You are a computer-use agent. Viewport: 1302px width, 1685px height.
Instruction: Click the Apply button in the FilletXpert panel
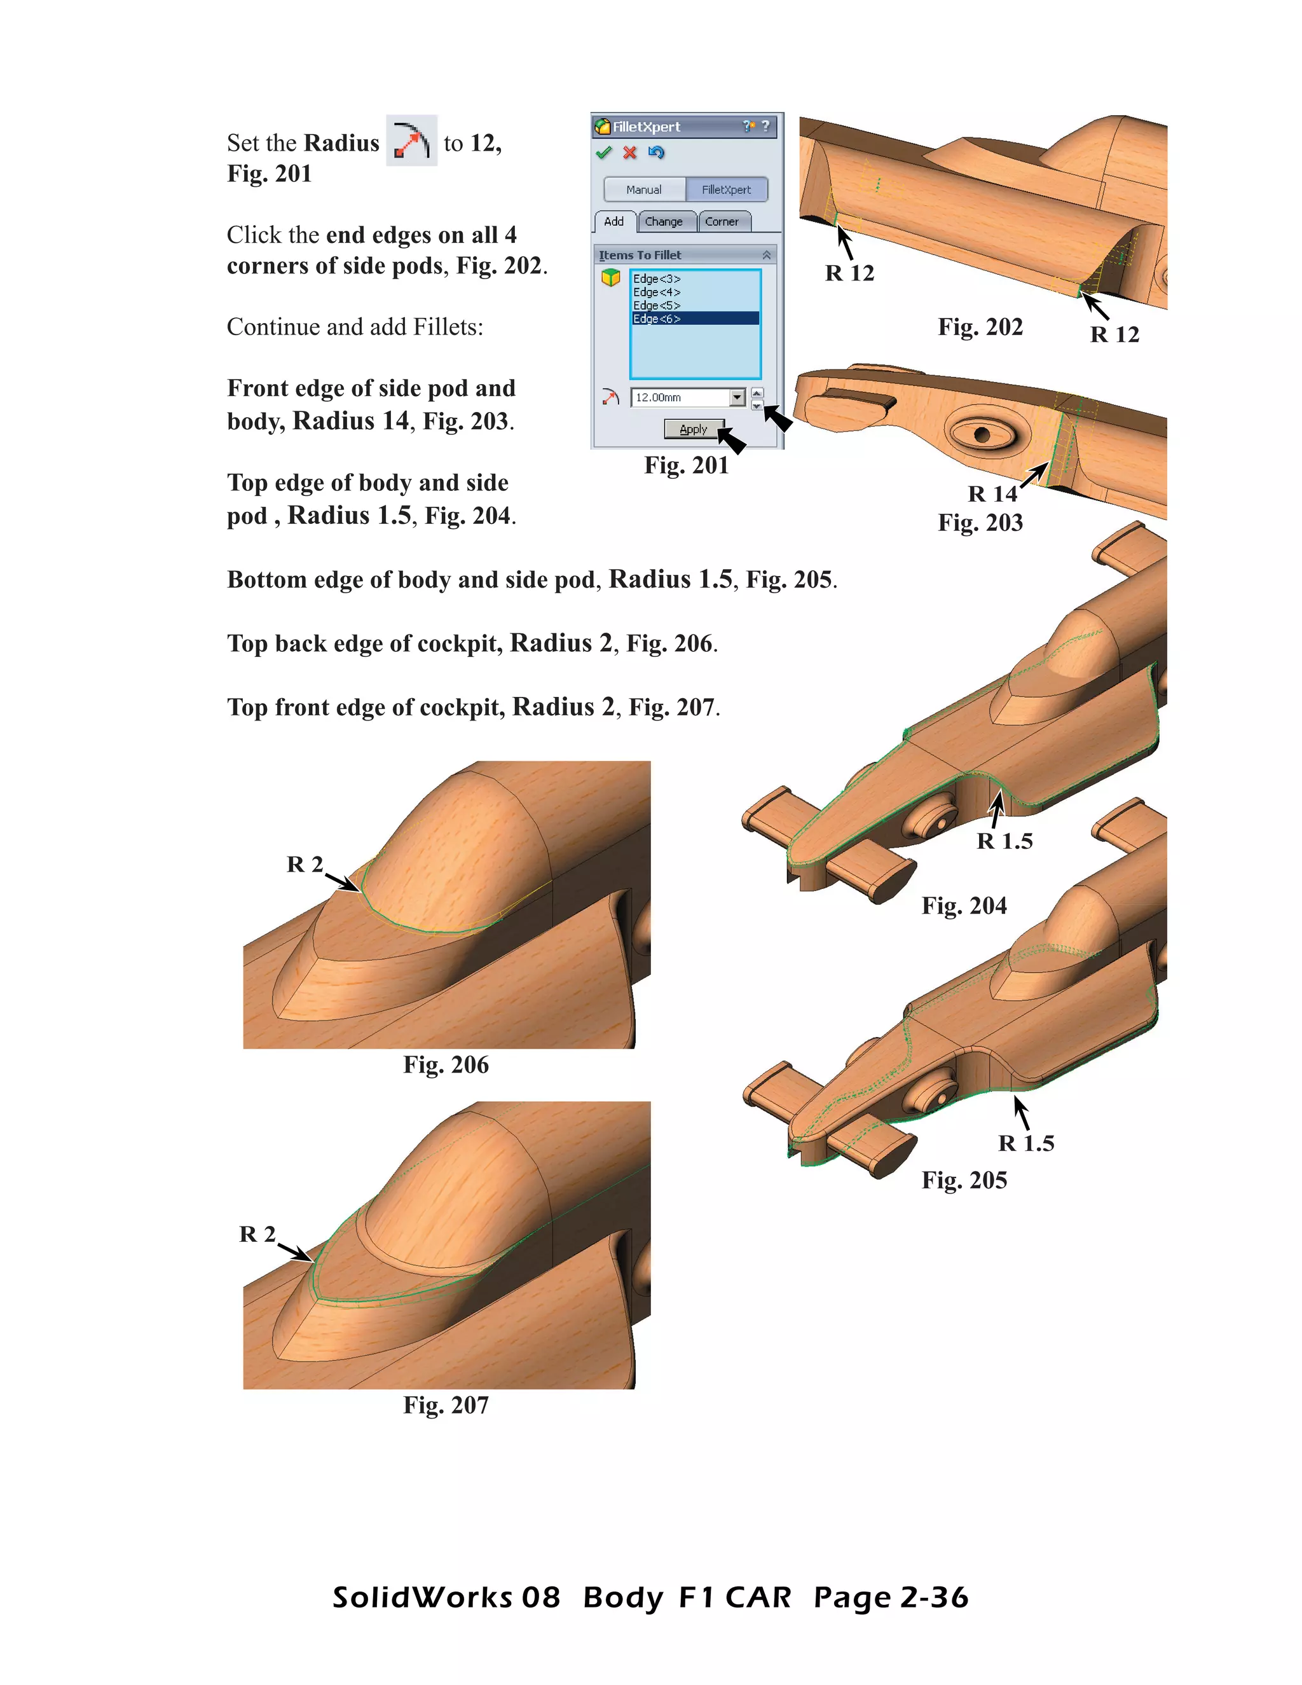[694, 429]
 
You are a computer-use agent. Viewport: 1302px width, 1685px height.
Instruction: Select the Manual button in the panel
[644, 189]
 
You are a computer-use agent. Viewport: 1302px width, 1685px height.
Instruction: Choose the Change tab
[663, 221]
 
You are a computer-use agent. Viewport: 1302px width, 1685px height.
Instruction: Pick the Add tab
[614, 221]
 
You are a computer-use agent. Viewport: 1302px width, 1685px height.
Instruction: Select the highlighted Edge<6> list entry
[657, 319]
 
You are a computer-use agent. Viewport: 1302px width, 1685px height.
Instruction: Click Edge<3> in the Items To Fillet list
[657, 279]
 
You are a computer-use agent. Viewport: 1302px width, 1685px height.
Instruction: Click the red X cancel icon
[630, 153]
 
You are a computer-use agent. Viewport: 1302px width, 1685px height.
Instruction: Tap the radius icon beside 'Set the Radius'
[411, 141]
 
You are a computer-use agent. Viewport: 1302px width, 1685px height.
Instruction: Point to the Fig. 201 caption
[687, 465]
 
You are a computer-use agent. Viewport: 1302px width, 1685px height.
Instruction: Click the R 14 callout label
[992, 494]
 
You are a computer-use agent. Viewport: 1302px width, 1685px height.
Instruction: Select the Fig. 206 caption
[446, 1064]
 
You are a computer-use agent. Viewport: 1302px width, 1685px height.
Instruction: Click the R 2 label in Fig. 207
[257, 1234]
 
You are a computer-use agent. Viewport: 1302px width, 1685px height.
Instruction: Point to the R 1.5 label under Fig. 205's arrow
[1026, 1143]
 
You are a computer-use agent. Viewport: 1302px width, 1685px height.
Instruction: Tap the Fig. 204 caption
[964, 905]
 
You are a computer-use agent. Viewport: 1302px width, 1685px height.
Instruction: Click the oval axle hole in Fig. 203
[981, 434]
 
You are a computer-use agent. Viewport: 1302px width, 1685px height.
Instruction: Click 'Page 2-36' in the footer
[891, 1597]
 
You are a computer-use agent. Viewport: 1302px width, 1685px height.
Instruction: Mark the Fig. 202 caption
[980, 327]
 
